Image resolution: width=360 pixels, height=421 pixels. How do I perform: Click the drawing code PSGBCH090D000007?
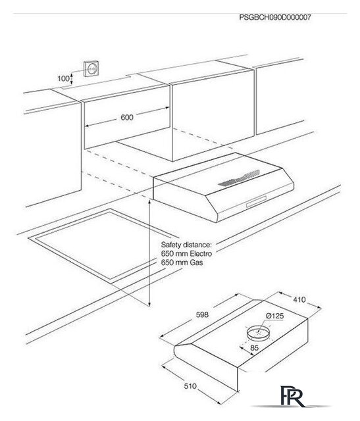coord(275,18)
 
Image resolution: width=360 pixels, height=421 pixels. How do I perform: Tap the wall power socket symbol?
coord(91,68)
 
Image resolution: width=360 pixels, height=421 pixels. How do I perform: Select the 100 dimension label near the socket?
coord(63,78)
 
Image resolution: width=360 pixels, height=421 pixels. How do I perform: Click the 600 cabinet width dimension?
coord(127,117)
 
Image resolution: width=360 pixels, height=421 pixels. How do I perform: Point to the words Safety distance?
coord(186,245)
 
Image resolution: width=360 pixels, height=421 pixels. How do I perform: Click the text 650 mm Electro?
coord(186,254)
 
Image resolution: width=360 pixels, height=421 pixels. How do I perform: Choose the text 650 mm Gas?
coord(182,262)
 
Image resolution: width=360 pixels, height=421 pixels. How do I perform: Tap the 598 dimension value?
coord(202,314)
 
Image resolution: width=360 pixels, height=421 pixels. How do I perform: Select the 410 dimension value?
coord(299,299)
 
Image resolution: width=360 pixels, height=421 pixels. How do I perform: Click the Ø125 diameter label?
coord(275,316)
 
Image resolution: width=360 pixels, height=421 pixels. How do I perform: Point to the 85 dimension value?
coord(254,348)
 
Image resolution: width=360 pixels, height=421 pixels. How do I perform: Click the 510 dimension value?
coord(190,386)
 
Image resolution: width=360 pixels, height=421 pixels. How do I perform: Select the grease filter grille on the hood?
coord(239,178)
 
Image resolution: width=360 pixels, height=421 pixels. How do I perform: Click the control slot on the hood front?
coord(256,201)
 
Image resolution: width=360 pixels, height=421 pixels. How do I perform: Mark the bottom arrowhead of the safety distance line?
coord(149,304)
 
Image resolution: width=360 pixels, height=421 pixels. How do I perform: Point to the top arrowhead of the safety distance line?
coord(149,202)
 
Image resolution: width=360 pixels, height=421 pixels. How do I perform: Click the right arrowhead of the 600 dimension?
coord(167,108)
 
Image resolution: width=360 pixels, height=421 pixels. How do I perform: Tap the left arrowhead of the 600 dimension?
coord(88,126)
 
